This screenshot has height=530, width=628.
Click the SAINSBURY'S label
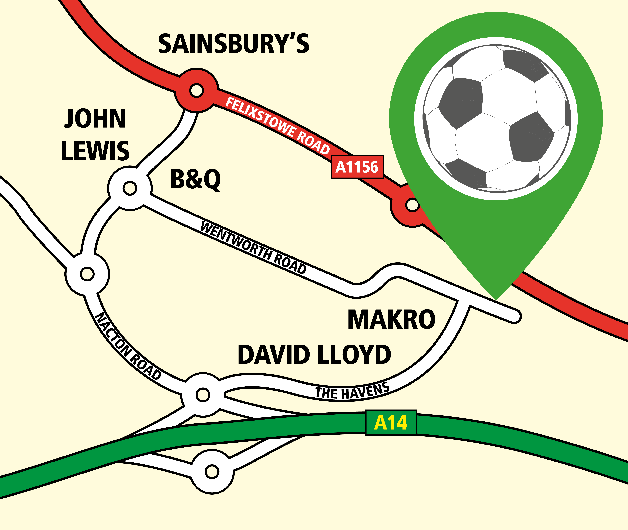click(234, 44)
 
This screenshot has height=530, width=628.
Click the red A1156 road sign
click(357, 167)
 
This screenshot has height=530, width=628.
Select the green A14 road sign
click(391, 422)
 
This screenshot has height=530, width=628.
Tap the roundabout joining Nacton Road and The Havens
click(203, 395)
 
